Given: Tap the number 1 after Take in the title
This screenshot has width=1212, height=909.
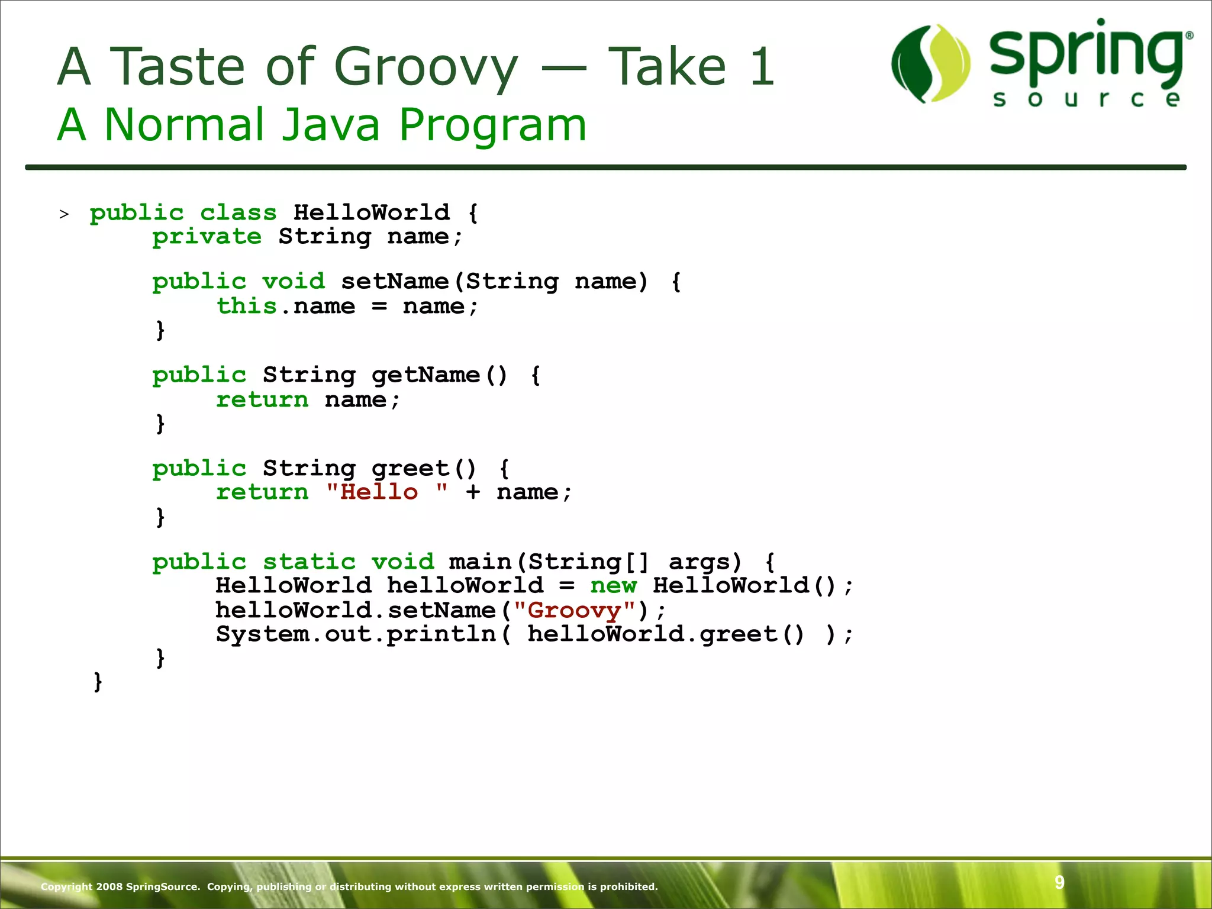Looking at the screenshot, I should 762,66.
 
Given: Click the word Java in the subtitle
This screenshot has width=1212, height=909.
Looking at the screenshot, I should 330,125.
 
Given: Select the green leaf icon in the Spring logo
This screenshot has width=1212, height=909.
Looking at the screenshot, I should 930,64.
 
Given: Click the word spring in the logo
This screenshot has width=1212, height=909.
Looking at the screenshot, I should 1087,54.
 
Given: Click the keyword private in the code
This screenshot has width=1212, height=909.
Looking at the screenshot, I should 207,237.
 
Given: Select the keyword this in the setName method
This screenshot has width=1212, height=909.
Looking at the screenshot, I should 246,307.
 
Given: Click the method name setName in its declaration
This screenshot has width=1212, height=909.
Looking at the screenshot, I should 395,282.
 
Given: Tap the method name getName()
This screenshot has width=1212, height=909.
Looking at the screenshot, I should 439,375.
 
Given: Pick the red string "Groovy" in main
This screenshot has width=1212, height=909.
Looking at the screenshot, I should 574,610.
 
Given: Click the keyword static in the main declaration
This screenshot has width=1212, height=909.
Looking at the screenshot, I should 309,562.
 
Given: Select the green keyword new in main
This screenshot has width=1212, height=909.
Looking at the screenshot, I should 613,586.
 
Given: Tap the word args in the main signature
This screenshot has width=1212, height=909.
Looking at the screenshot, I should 698,562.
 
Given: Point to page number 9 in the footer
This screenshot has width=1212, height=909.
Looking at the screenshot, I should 1059,882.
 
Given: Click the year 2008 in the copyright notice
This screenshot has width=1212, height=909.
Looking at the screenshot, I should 109,887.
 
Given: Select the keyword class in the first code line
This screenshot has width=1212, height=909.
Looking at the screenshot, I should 238,213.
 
